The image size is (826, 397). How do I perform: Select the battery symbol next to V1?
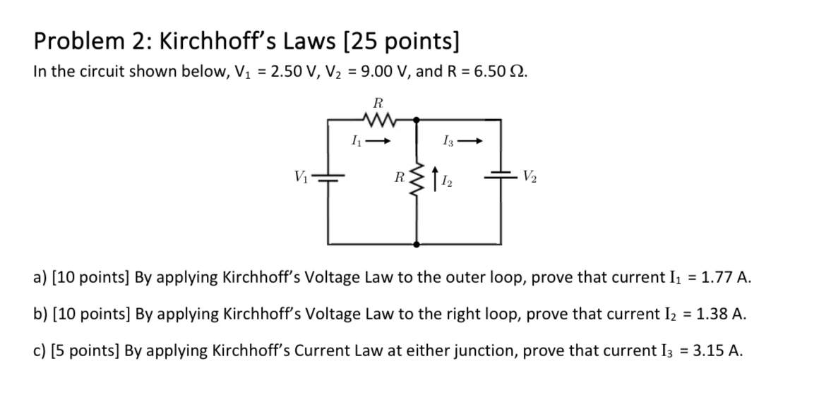(x=327, y=178)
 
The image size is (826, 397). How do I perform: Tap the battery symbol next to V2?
(x=501, y=178)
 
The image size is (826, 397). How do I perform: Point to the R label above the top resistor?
(x=377, y=102)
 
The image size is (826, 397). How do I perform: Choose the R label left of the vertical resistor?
(x=400, y=176)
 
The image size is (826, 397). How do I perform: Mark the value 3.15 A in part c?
(x=717, y=350)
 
